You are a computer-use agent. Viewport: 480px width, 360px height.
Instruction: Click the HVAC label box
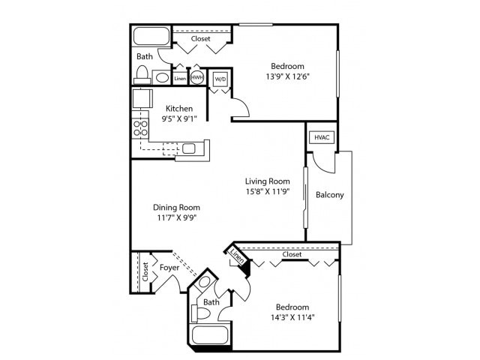[322, 137]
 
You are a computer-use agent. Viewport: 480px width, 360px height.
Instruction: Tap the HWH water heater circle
[197, 77]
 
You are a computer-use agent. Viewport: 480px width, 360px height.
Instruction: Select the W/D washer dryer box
[220, 78]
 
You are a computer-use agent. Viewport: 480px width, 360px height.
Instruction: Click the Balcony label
[330, 195]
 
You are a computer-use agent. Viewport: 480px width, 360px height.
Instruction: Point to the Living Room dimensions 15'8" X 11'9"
[268, 190]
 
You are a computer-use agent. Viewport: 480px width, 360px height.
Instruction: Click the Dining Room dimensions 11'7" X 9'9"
[177, 217]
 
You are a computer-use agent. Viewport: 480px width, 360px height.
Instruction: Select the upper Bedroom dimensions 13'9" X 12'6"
[287, 75]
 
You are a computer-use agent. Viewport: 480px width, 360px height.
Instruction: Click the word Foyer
[168, 266]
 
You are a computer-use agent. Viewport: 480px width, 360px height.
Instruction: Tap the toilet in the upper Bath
[142, 74]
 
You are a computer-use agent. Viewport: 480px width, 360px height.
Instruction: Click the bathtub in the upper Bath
[151, 36]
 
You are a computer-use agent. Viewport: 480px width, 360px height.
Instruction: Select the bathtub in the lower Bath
[210, 334]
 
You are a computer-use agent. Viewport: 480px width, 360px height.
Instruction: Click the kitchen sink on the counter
[189, 148]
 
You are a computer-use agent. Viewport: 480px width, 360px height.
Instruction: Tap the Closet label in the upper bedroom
[201, 38]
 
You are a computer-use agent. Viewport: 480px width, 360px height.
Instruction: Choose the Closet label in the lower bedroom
[292, 254]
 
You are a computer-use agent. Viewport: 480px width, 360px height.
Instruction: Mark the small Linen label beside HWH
[180, 78]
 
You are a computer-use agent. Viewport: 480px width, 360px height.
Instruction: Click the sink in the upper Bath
[162, 77]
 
